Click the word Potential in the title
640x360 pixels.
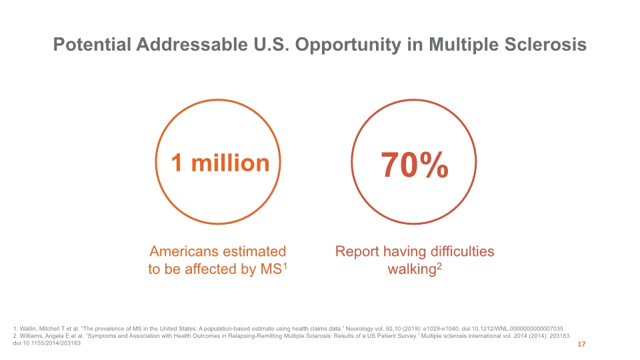pos(92,45)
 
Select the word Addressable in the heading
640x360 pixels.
pos(192,45)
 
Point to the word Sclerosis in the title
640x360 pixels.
pos(545,45)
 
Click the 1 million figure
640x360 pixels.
pos(221,163)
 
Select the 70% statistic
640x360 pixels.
pos(414,165)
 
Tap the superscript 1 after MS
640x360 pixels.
pos(285,266)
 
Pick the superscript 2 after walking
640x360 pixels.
pos(439,266)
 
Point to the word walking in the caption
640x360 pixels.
pos(412,269)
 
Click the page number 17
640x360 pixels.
pos(581,344)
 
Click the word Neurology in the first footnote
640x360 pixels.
pos(359,329)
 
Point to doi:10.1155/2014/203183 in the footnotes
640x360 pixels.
pos(47,343)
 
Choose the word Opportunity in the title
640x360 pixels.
pos(348,45)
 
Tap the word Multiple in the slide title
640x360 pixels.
pos(464,45)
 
